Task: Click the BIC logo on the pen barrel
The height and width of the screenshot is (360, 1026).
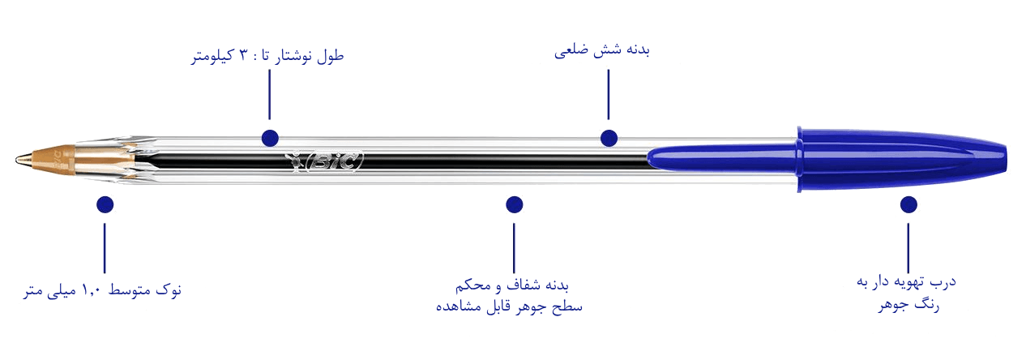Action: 324,161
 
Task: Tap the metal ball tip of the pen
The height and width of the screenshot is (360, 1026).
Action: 19,160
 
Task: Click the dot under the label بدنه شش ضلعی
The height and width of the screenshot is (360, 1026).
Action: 609,138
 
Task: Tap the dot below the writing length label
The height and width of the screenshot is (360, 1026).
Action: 270,138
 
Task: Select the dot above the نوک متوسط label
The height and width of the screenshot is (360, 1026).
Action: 105,204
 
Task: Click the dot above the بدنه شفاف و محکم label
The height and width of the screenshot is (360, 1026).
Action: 515,204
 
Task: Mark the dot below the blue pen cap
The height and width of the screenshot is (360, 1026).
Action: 908,204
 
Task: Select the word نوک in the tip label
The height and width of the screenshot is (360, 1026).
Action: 169,289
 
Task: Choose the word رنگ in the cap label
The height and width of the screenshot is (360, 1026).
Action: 927,304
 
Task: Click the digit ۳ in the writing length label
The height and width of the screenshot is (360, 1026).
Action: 243,55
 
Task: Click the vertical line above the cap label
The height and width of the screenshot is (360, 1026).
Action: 908,248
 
